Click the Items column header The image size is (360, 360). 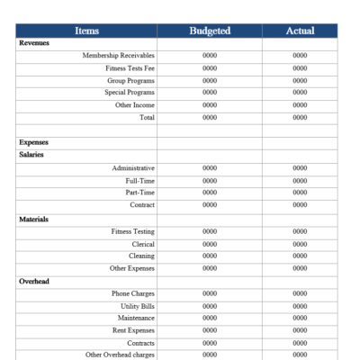click(x=87, y=31)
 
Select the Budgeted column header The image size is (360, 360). click(x=210, y=31)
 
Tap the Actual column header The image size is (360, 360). click(x=300, y=31)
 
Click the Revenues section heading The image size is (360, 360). click(x=34, y=43)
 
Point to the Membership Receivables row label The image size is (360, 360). click(x=118, y=56)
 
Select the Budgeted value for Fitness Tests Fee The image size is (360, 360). click(x=210, y=68)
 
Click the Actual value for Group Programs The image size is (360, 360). click(x=300, y=80)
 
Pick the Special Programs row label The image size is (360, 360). click(x=130, y=92)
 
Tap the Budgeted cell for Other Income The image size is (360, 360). click(x=210, y=105)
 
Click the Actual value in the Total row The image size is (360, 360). click(x=300, y=117)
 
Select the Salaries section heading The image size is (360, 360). click(x=31, y=155)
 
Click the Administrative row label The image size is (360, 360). click(x=133, y=168)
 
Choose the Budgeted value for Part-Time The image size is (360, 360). click(x=210, y=193)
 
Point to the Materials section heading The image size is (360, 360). click(x=33, y=219)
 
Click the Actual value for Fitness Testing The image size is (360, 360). click(x=300, y=231)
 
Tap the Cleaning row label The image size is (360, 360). click(x=140, y=256)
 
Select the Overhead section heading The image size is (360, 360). click(x=33, y=281)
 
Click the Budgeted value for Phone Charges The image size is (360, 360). click(x=210, y=293)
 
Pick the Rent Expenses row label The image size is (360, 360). click(x=133, y=330)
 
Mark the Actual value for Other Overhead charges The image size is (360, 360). click(x=300, y=355)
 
